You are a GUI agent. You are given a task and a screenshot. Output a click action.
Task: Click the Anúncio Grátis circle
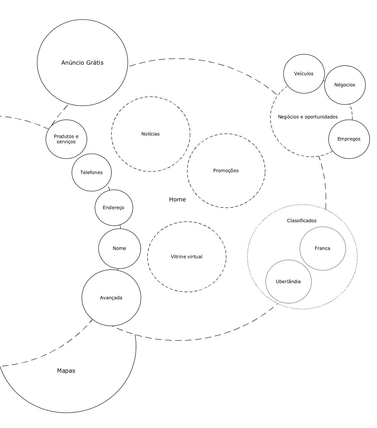click(x=82, y=62)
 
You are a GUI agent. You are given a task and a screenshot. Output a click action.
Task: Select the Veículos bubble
click(x=304, y=74)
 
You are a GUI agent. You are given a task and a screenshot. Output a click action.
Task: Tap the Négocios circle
click(x=345, y=85)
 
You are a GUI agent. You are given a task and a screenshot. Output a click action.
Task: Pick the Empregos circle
click(x=349, y=139)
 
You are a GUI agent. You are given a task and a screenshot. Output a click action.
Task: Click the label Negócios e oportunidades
click(x=308, y=117)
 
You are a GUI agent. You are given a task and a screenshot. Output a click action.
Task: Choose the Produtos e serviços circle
click(x=66, y=139)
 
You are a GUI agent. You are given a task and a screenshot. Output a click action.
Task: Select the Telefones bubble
click(x=91, y=172)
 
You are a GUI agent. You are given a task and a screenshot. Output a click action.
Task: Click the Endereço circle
click(x=114, y=207)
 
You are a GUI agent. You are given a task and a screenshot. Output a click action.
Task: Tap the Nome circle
click(x=119, y=248)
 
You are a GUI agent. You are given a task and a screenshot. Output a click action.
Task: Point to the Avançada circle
click(x=111, y=297)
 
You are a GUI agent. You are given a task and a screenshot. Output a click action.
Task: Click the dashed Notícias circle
click(x=150, y=134)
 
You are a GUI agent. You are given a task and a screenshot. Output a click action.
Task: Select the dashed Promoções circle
click(x=226, y=170)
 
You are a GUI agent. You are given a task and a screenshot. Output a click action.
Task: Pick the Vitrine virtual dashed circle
click(x=186, y=256)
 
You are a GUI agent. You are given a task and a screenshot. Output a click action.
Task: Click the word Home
click(x=177, y=199)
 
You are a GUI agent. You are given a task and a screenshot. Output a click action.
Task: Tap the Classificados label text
click(x=301, y=220)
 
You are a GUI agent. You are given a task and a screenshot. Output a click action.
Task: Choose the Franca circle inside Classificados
click(x=323, y=248)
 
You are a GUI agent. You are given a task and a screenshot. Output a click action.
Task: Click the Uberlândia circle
click(x=288, y=282)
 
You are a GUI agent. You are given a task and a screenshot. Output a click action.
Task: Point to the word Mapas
click(x=66, y=370)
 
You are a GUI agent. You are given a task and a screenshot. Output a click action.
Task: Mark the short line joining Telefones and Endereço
click(x=109, y=188)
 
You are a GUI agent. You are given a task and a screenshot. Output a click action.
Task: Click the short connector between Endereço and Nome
click(x=120, y=227)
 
